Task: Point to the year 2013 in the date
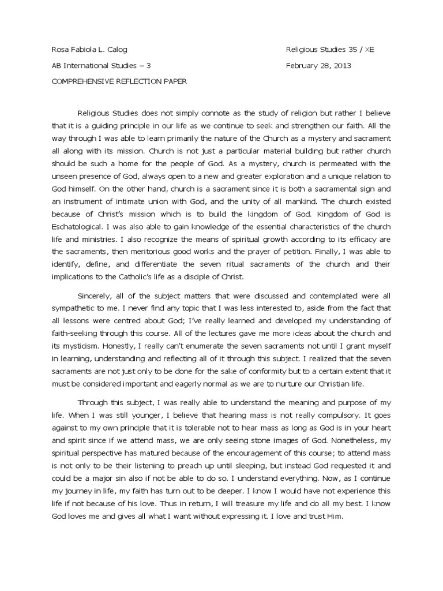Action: point(341,66)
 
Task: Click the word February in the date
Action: point(303,66)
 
